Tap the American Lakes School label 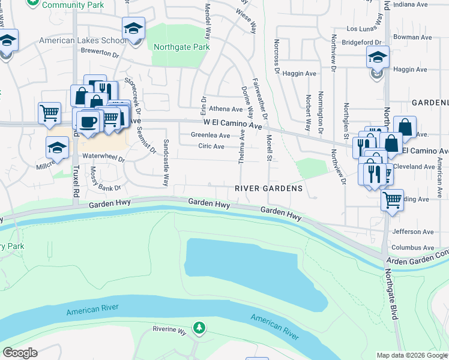[83, 41]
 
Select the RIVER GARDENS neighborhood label [269, 188]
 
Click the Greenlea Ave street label [210, 136]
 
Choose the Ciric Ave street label [211, 146]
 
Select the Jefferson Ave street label [412, 232]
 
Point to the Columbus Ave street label [412, 247]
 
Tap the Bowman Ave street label [414, 37]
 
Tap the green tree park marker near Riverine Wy [199, 328]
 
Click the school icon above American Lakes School [133, 28]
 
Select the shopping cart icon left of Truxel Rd [49, 112]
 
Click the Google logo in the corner [20, 353]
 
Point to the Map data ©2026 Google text [411, 355]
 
